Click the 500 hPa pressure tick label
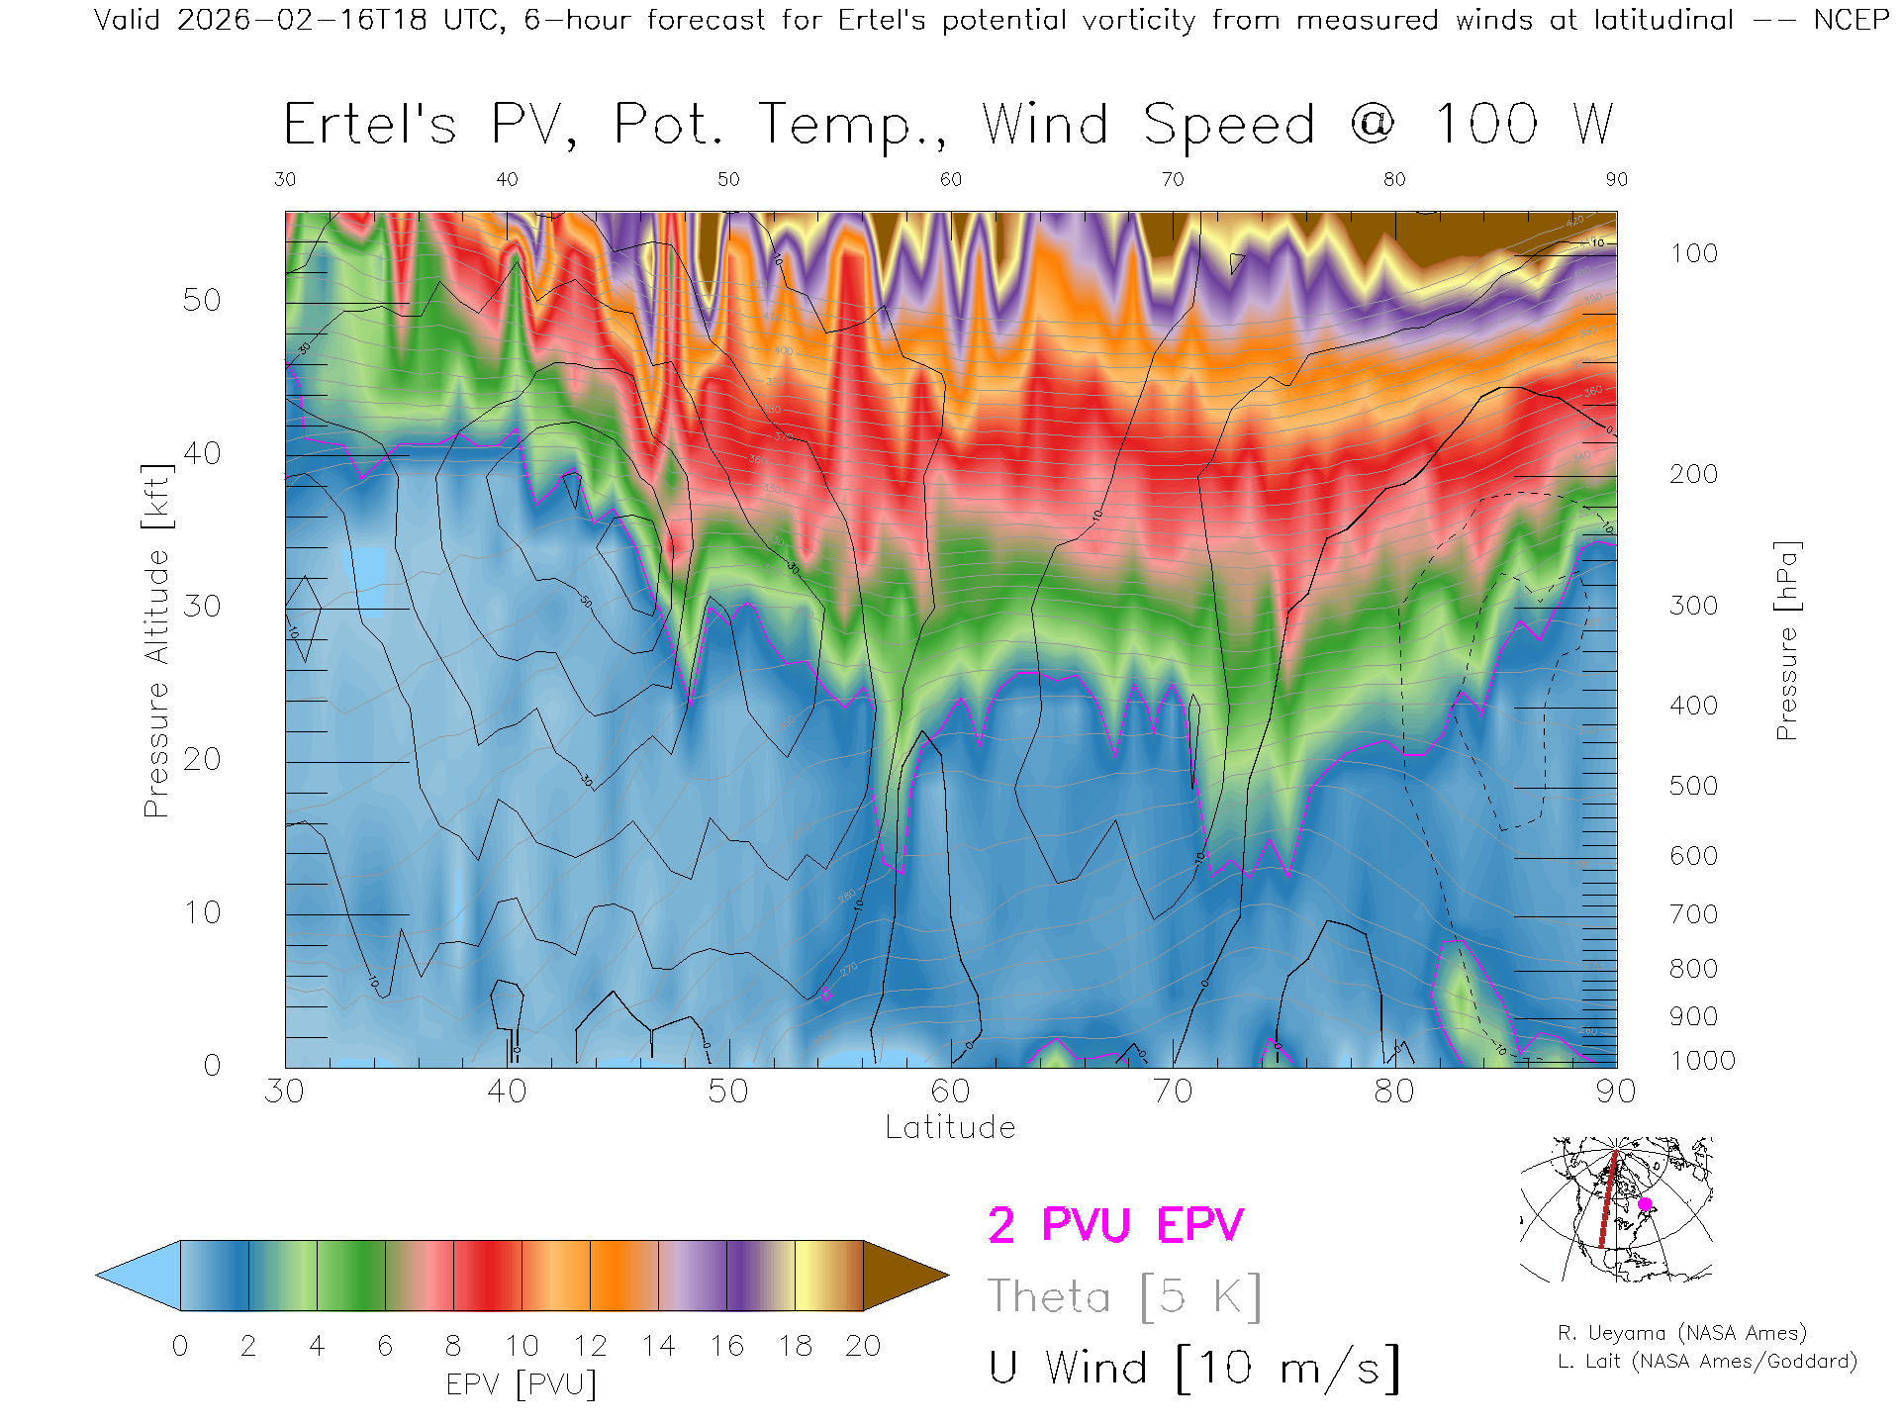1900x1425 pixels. [1693, 786]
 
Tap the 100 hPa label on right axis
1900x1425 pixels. [1693, 253]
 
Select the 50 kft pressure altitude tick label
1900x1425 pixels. [201, 300]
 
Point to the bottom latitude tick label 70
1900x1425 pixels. [1172, 1092]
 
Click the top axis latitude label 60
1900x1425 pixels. [950, 179]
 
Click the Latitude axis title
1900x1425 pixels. [950, 1127]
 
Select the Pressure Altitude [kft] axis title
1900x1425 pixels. [156, 640]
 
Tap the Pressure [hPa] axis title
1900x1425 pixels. [1786, 640]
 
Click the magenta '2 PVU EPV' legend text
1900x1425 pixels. [1115, 1225]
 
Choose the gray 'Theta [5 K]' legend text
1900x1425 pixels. [1124, 1296]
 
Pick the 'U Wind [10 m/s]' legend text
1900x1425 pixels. [1193, 1369]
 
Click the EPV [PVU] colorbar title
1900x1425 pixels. [522, 1384]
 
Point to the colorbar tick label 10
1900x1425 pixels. [522, 1346]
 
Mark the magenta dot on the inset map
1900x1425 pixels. [1645, 1204]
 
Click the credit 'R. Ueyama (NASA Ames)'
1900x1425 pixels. [1681, 1333]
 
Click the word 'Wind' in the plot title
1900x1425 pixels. [1045, 126]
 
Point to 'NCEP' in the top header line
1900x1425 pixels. [1851, 20]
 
